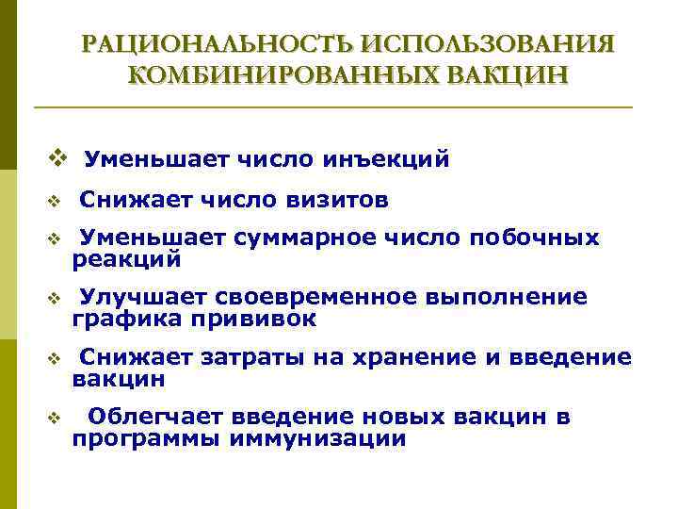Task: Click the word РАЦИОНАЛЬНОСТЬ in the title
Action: [218, 44]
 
